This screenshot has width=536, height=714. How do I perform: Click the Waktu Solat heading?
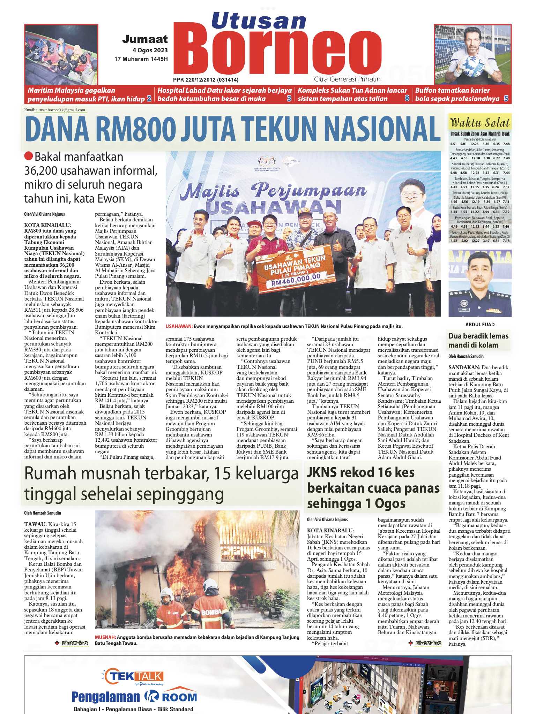(x=480, y=123)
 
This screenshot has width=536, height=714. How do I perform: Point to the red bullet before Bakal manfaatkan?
(x=29, y=157)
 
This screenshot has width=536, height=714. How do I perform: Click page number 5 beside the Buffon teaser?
(x=506, y=99)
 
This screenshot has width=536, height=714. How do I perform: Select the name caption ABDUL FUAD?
(x=480, y=325)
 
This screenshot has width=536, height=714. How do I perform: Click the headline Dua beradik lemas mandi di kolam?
(x=478, y=341)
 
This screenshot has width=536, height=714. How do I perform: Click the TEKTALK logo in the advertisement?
(x=135, y=677)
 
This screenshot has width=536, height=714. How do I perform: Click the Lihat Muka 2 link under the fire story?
(x=75, y=643)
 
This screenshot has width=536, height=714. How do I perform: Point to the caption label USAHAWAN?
(x=179, y=327)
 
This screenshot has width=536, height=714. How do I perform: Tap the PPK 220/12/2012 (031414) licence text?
(x=206, y=79)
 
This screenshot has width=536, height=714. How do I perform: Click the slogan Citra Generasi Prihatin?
(x=347, y=79)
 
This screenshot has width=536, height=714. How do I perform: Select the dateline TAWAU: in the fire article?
(x=35, y=524)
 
